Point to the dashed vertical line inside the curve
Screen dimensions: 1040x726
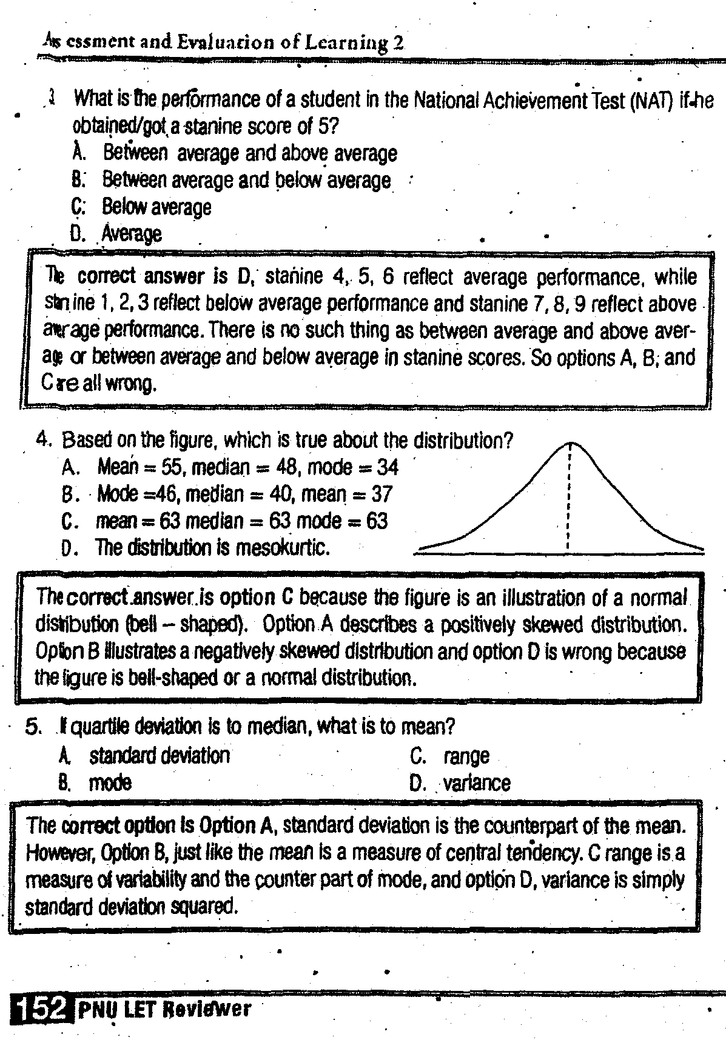click(568, 497)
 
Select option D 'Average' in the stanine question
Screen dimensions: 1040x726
click(131, 233)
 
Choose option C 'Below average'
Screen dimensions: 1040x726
click(156, 207)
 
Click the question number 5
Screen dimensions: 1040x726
click(33, 725)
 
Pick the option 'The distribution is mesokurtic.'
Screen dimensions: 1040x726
click(212, 548)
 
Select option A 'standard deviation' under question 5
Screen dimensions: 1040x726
click(160, 756)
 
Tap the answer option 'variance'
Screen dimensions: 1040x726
click(476, 783)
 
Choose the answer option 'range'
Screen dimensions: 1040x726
click(466, 756)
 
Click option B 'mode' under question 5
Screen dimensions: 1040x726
click(110, 783)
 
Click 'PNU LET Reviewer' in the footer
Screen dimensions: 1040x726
click(163, 1008)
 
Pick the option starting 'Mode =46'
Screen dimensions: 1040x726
click(244, 494)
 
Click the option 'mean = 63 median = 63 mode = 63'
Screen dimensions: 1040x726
click(241, 521)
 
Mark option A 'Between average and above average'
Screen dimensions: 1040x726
click(249, 153)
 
